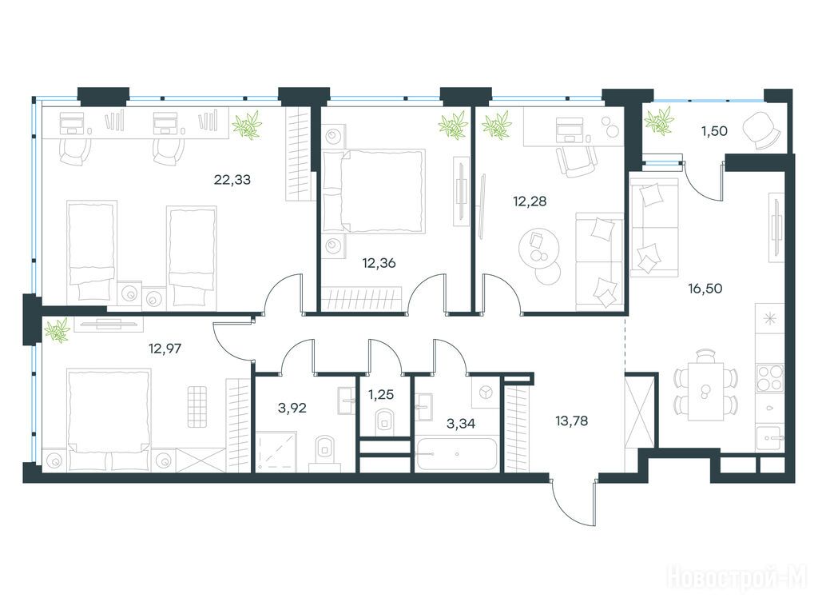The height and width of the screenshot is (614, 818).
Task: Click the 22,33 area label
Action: (x=232, y=180)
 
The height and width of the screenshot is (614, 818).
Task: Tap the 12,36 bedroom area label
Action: (x=379, y=263)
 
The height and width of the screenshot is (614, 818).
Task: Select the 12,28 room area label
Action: (x=530, y=201)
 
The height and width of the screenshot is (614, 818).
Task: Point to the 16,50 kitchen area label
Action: (x=705, y=288)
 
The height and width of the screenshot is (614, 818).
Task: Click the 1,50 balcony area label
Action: (x=714, y=131)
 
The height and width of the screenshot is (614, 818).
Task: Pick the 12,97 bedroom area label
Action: (x=165, y=348)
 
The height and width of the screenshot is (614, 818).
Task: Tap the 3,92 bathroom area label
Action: (x=292, y=409)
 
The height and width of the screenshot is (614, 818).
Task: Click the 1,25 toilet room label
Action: (x=381, y=395)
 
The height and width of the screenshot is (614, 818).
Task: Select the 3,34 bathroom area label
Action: (x=461, y=424)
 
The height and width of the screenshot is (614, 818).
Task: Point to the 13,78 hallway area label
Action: (x=571, y=421)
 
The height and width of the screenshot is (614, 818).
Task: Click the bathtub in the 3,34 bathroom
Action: (x=456, y=454)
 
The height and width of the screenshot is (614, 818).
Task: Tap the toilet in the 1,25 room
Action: (x=385, y=422)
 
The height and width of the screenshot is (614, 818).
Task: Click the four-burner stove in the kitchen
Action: (x=769, y=377)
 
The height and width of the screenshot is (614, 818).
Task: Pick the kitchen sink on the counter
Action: (x=769, y=436)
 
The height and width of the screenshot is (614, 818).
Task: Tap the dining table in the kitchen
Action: (x=706, y=389)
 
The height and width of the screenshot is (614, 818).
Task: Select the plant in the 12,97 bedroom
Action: (x=57, y=330)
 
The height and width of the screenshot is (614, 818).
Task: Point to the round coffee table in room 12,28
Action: (x=539, y=249)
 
